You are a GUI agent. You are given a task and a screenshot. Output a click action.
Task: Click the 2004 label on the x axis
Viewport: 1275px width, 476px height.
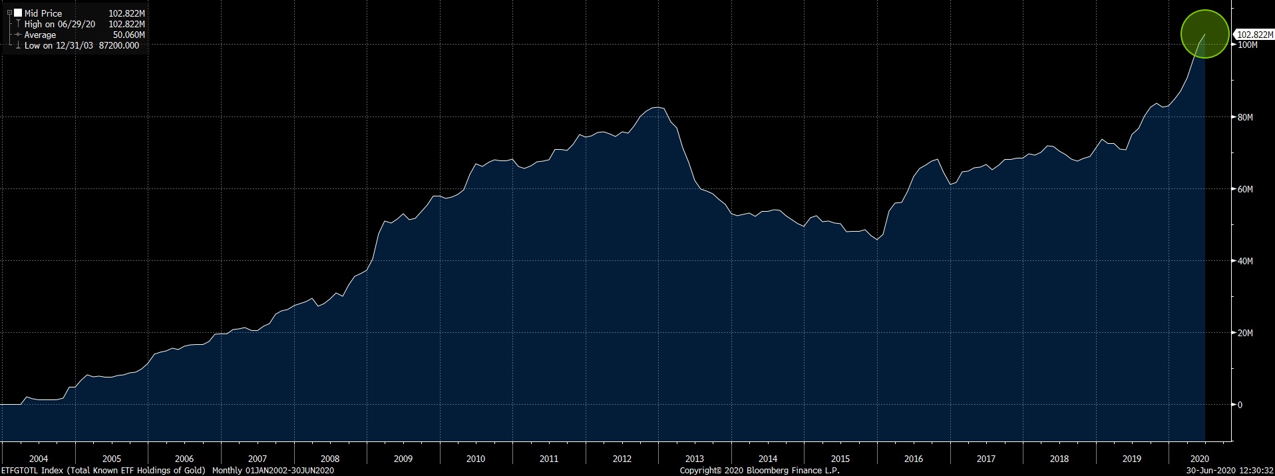39,459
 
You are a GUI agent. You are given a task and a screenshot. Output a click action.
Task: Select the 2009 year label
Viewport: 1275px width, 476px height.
403,459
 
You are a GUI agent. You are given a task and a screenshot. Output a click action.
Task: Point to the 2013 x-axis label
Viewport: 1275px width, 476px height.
694,459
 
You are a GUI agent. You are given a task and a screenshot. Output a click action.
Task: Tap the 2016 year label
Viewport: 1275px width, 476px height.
913,459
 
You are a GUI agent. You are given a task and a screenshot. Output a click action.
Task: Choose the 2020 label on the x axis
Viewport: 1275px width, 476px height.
1199,459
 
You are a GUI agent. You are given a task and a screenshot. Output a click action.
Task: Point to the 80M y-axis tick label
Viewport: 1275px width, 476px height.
1244,117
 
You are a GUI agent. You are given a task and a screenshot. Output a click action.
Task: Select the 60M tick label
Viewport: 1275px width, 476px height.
1244,189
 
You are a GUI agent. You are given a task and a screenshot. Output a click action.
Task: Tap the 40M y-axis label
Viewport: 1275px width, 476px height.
1244,261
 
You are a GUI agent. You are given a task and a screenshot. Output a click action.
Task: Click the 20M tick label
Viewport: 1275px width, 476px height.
1244,333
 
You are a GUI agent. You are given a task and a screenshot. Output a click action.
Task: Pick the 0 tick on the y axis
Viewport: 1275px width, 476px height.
1240,405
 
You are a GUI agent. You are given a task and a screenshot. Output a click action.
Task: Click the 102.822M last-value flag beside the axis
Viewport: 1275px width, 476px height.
1254,35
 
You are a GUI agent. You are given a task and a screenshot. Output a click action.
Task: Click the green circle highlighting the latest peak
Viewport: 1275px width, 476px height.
1204,34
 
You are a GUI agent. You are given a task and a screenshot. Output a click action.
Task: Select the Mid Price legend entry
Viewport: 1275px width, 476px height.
43,13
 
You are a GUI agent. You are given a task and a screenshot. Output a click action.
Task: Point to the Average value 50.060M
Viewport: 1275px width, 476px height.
129,35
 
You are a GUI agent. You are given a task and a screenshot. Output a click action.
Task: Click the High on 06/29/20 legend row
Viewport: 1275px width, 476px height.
60,24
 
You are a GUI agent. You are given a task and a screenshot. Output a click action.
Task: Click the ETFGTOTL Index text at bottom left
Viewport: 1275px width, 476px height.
32,471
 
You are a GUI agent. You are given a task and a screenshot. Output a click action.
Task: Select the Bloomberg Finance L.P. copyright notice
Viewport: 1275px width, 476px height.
759,471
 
